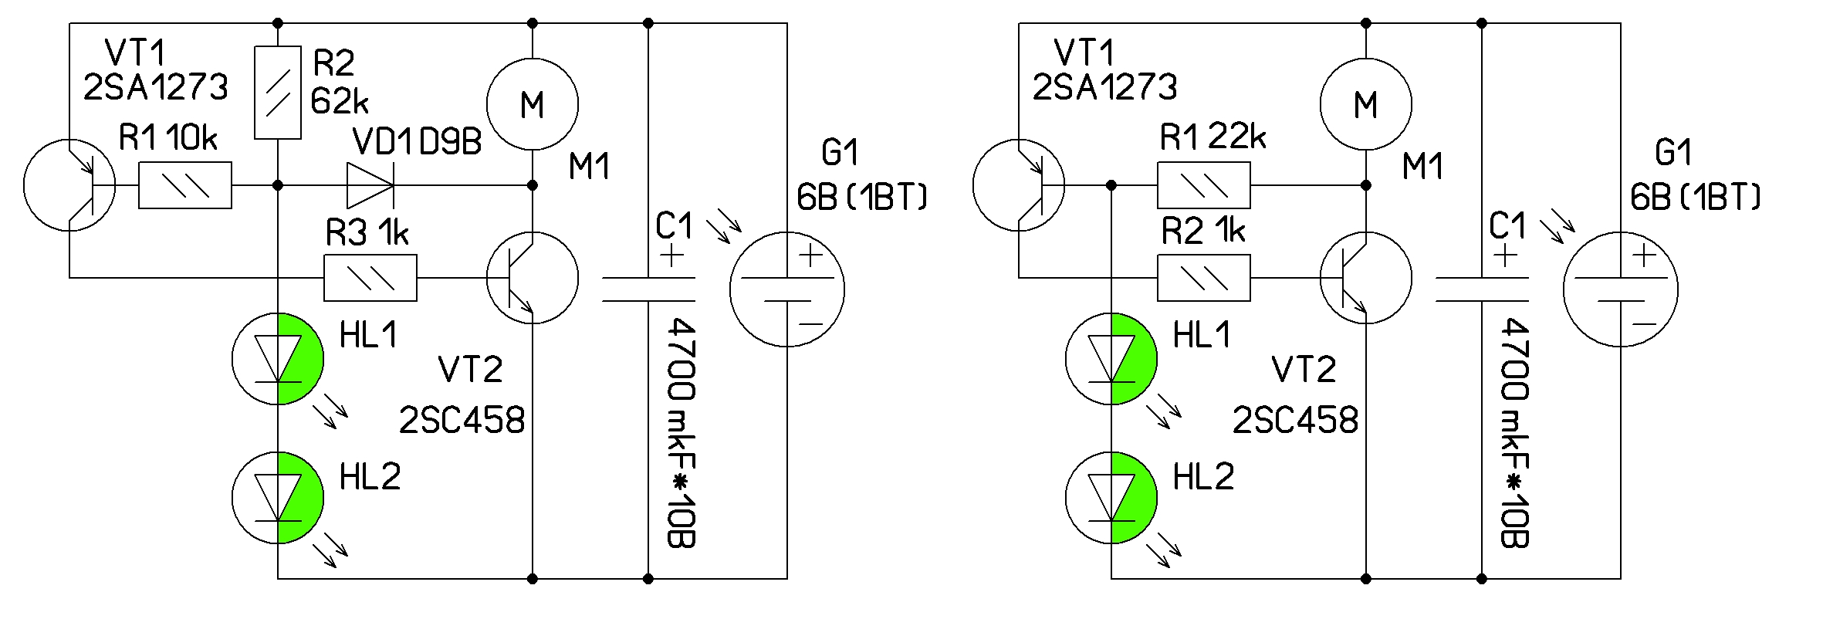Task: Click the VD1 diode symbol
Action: [x=370, y=185]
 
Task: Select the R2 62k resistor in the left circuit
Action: [x=278, y=93]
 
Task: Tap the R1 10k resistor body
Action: [x=185, y=185]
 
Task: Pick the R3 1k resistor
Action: [x=370, y=278]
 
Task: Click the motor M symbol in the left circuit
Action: [x=533, y=103]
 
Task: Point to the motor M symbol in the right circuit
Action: [x=1366, y=103]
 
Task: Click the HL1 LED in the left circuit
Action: [x=278, y=359]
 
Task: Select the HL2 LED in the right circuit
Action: [x=1111, y=498]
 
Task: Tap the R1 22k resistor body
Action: [x=1204, y=185]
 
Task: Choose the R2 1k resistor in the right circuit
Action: [x=1204, y=278]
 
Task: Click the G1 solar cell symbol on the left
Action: [x=787, y=289]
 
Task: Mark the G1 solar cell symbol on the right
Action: [x=1621, y=289]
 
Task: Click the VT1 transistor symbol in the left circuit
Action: [x=69, y=185]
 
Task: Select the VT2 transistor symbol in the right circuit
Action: [x=1366, y=278]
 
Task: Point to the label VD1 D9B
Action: [x=417, y=142]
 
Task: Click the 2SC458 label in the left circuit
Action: [x=462, y=421]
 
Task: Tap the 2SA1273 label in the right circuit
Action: [x=1104, y=87]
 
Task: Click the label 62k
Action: [x=340, y=101]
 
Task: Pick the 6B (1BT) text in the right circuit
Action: [x=1696, y=198]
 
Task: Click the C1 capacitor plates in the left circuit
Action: [x=648, y=289]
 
